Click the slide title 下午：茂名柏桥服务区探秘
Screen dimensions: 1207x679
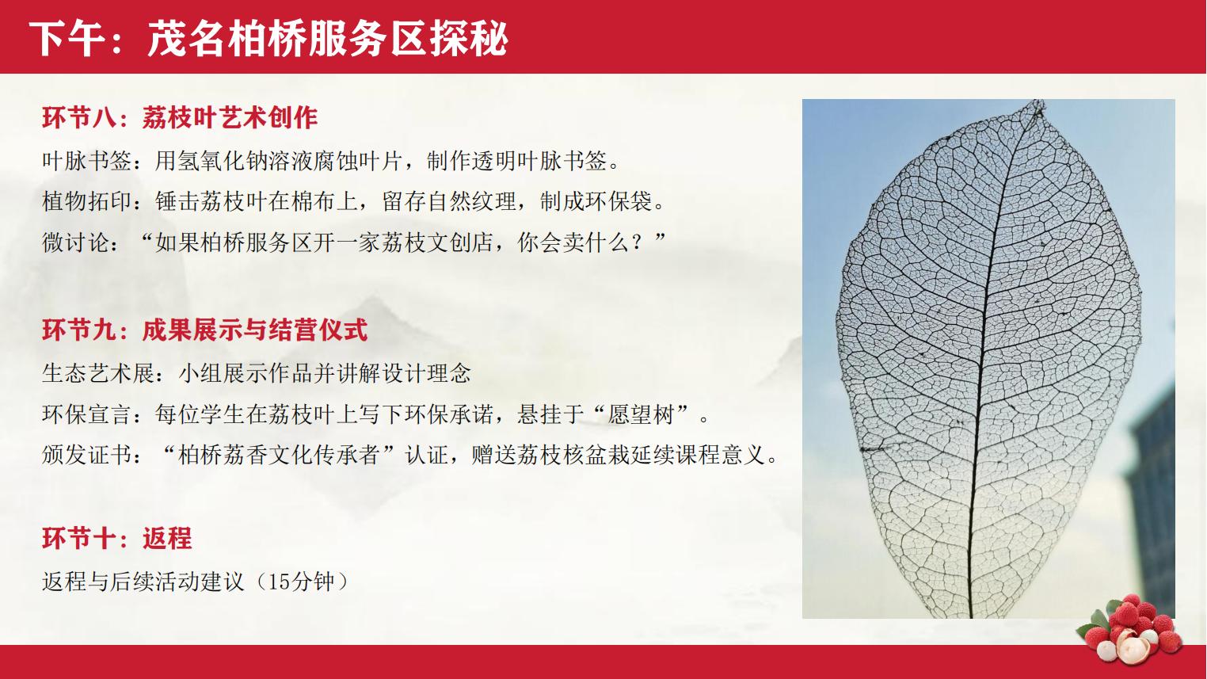pyautogui.click(x=268, y=39)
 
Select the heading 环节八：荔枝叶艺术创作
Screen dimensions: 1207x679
pyautogui.click(x=180, y=117)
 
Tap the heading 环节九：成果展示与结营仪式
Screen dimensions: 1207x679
pyautogui.click(x=205, y=330)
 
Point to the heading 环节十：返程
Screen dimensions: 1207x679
pyautogui.click(x=117, y=538)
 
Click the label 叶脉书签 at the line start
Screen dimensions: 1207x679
pyautogui.click(x=87, y=161)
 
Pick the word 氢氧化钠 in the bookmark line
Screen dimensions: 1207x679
pyautogui.click(x=223, y=161)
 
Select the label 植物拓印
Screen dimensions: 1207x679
pyautogui.click(x=87, y=201)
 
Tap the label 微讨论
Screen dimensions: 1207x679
pyautogui.click(x=75, y=242)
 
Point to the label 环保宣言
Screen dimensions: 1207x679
pyautogui.click(x=87, y=414)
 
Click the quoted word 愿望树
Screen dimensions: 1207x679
pyautogui.click(x=642, y=414)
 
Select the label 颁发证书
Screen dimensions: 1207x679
pyautogui.click(x=87, y=455)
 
